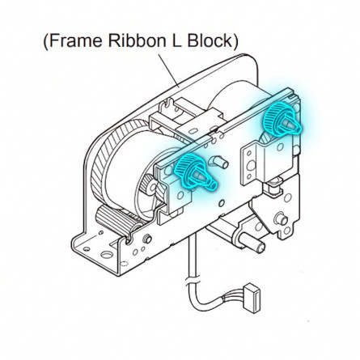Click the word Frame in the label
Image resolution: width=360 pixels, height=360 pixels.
click(x=76, y=40)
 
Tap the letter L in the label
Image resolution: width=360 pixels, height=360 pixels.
click(x=176, y=40)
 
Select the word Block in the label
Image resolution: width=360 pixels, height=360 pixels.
click(x=210, y=40)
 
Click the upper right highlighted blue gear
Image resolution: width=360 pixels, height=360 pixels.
click(x=281, y=119)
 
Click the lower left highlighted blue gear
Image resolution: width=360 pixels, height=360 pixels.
click(x=195, y=171)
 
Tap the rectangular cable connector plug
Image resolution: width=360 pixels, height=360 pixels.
click(x=252, y=298)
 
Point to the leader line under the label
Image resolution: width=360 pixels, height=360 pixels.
click(x=168, y=70)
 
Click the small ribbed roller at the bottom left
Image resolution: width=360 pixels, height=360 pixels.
click(x=116, y=220)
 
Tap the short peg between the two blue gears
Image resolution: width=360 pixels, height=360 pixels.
click(x=219, y=162)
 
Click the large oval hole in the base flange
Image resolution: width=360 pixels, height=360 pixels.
click(x=107, y=255)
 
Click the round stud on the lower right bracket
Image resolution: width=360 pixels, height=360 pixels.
click(x=281, y=219)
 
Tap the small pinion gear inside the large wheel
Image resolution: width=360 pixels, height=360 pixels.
click(x=148, y=184)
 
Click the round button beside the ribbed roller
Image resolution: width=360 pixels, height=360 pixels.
click(x=147, y=239)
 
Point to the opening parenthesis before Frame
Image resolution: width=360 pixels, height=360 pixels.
click(x=45, y=40)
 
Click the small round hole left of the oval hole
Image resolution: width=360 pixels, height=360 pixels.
click(x=86, y=248)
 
